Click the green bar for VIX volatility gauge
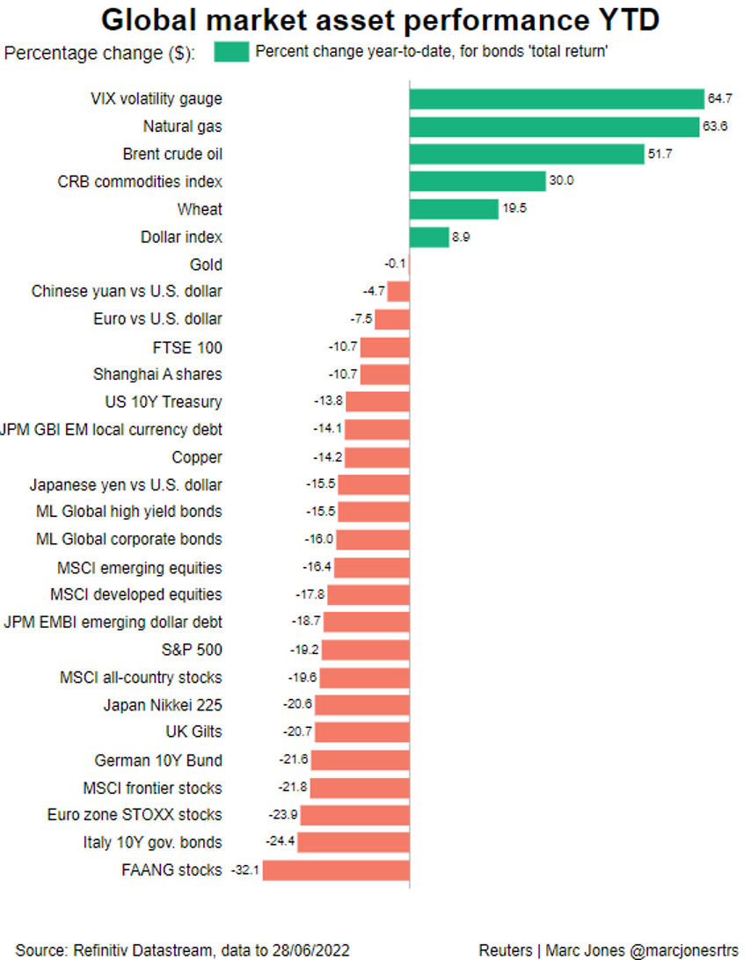[557, 98]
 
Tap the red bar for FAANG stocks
[336, 870]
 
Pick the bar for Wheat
[454, 209]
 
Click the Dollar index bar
[429, 237]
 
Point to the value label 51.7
[661, 155]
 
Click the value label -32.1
[244, 870]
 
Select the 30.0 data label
[562, 182]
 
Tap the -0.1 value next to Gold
[393, 265]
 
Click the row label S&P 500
[198, 650]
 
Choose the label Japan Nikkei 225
[163, 705]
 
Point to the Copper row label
[197, 457]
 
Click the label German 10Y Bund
[158, 760]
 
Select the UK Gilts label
[193, 732]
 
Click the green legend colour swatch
[231, 52]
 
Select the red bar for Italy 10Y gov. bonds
[354, 842]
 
